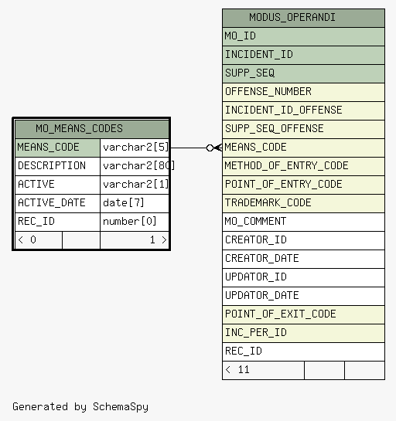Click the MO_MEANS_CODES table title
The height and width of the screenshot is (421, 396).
[x=80, y=128]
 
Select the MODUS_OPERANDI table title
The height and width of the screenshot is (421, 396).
[x=292, y=18]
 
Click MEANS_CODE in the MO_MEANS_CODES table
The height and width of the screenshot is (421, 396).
[x=49, y=147]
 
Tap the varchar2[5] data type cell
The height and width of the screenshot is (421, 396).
[x=136, y=148]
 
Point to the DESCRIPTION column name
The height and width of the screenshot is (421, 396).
[x=52, y=165]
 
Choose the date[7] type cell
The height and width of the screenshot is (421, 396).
[x=124, y=202]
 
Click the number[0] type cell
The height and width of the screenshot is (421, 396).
[x=130, y=222]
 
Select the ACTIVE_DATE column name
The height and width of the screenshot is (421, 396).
[x=52, y=202]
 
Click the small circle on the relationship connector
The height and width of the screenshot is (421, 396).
[x=210, y=148]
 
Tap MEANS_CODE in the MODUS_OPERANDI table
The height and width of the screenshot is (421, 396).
[x=256, y=147]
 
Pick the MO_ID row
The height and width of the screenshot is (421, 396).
[x=303, y=36]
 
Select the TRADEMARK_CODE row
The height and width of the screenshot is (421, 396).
[x=303, y=203]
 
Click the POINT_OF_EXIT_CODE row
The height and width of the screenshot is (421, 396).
[x=303, y=314]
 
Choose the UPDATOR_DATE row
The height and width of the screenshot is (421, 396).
[x=303, y=296]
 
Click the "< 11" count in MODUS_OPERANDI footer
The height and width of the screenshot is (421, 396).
[x=237, y=370]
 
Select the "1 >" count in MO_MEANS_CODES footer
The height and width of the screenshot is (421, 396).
[x=159, y=239]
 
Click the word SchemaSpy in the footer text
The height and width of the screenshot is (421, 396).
[x=121, y=407]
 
